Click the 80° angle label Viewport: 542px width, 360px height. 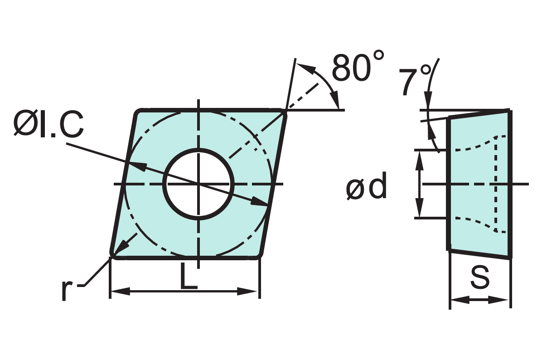coord(358,67)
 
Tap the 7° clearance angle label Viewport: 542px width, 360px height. coord(416,81)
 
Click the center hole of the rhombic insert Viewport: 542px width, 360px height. coord(198,184)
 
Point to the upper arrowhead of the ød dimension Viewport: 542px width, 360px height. coord(420,157)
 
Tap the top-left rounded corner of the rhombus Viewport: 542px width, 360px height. coord(139,112)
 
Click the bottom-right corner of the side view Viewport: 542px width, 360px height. coord(510,257)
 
